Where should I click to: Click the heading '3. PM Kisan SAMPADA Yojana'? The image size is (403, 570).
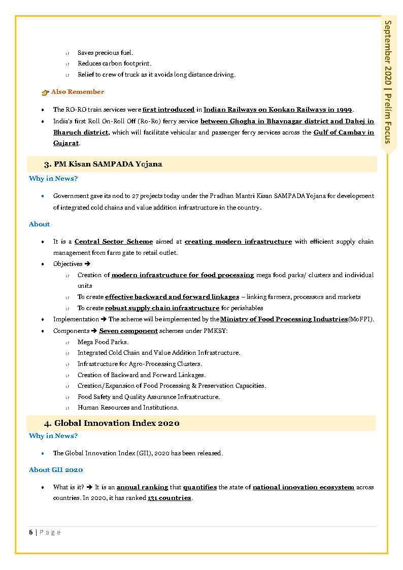click(103, 164)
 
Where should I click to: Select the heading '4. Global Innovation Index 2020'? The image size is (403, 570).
click(112, 423)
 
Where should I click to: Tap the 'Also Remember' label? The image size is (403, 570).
click(78, 92)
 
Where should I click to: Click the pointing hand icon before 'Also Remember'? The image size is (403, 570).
click(45, 92)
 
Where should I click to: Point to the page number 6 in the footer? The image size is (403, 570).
click(31, 532)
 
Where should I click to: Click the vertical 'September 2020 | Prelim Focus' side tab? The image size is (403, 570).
click(388, 81)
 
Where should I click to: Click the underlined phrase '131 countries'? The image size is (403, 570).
click(170, 498)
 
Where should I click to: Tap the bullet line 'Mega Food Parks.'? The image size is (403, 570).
click(103, 342)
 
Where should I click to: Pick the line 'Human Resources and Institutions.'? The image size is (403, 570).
click(128, 408)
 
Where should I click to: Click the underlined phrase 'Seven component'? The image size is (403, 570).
click(128, 331)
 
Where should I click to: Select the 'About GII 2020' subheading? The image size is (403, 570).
click(56, 470)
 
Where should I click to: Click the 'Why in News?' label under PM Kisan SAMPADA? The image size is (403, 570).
click(53, 179)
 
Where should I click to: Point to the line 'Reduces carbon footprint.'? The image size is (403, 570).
click(114, 63)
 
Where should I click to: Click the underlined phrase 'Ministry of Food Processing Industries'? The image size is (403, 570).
click(284, 319)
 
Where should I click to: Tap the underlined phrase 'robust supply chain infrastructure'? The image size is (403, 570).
click(162, 308)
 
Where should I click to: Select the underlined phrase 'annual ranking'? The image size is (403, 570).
click(143, 487)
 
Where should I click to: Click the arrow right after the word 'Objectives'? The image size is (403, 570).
click(87, 264)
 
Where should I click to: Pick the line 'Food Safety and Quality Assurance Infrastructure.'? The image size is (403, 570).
click(149, 397)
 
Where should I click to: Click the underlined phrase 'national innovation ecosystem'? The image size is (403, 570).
click(304, 487)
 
